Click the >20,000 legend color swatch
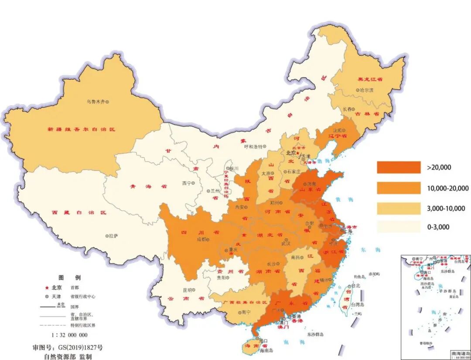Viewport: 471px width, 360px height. [x=399, y=167]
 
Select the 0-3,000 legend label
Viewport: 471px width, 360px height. [x=438, y=227]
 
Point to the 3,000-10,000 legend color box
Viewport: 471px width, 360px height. [x=399, y=208]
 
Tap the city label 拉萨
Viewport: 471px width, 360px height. [x=113, y=236]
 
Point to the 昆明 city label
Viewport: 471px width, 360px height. [x=187, y=289]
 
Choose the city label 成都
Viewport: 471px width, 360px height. [x=201, y=239]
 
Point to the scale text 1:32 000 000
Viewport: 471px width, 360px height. [x=69, y=335]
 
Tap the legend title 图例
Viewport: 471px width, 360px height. [x=69, y=278]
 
